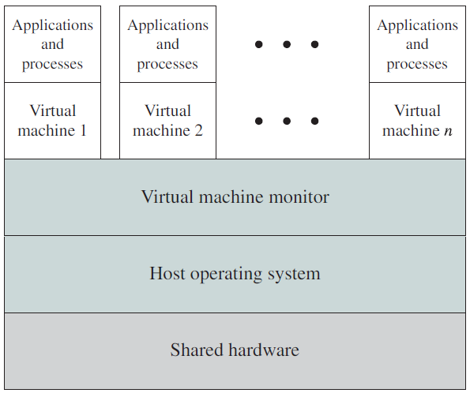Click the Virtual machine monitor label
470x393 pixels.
click(x=235, y=196)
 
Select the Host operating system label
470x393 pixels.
click(x=235, y=274)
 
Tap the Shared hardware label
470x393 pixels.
click(x=235, y=350)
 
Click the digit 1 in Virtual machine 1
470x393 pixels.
click(x=83, y=130)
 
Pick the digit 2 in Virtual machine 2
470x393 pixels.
click(x=199, y=130)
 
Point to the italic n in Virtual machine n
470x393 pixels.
click(x=448, y=131)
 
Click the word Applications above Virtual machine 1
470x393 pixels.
click(x=52, y=25)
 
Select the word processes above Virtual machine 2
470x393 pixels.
click(x=167, y=65)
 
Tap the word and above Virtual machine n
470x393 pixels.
click(x=417, y=44)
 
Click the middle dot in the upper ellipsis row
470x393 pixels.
click(x=287, y=44)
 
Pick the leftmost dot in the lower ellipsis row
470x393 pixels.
click(x=258, y=121)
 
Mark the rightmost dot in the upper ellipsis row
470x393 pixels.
click(x=314, y=44)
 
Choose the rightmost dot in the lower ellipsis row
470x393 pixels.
click(x=314, y=121)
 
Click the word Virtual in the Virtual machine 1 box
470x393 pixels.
click(x=52, y=110)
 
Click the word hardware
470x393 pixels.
click(x=264, y=350)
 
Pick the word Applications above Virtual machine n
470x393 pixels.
click(x=417, y=25)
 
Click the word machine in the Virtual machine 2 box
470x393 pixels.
click(x=162, y=130)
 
